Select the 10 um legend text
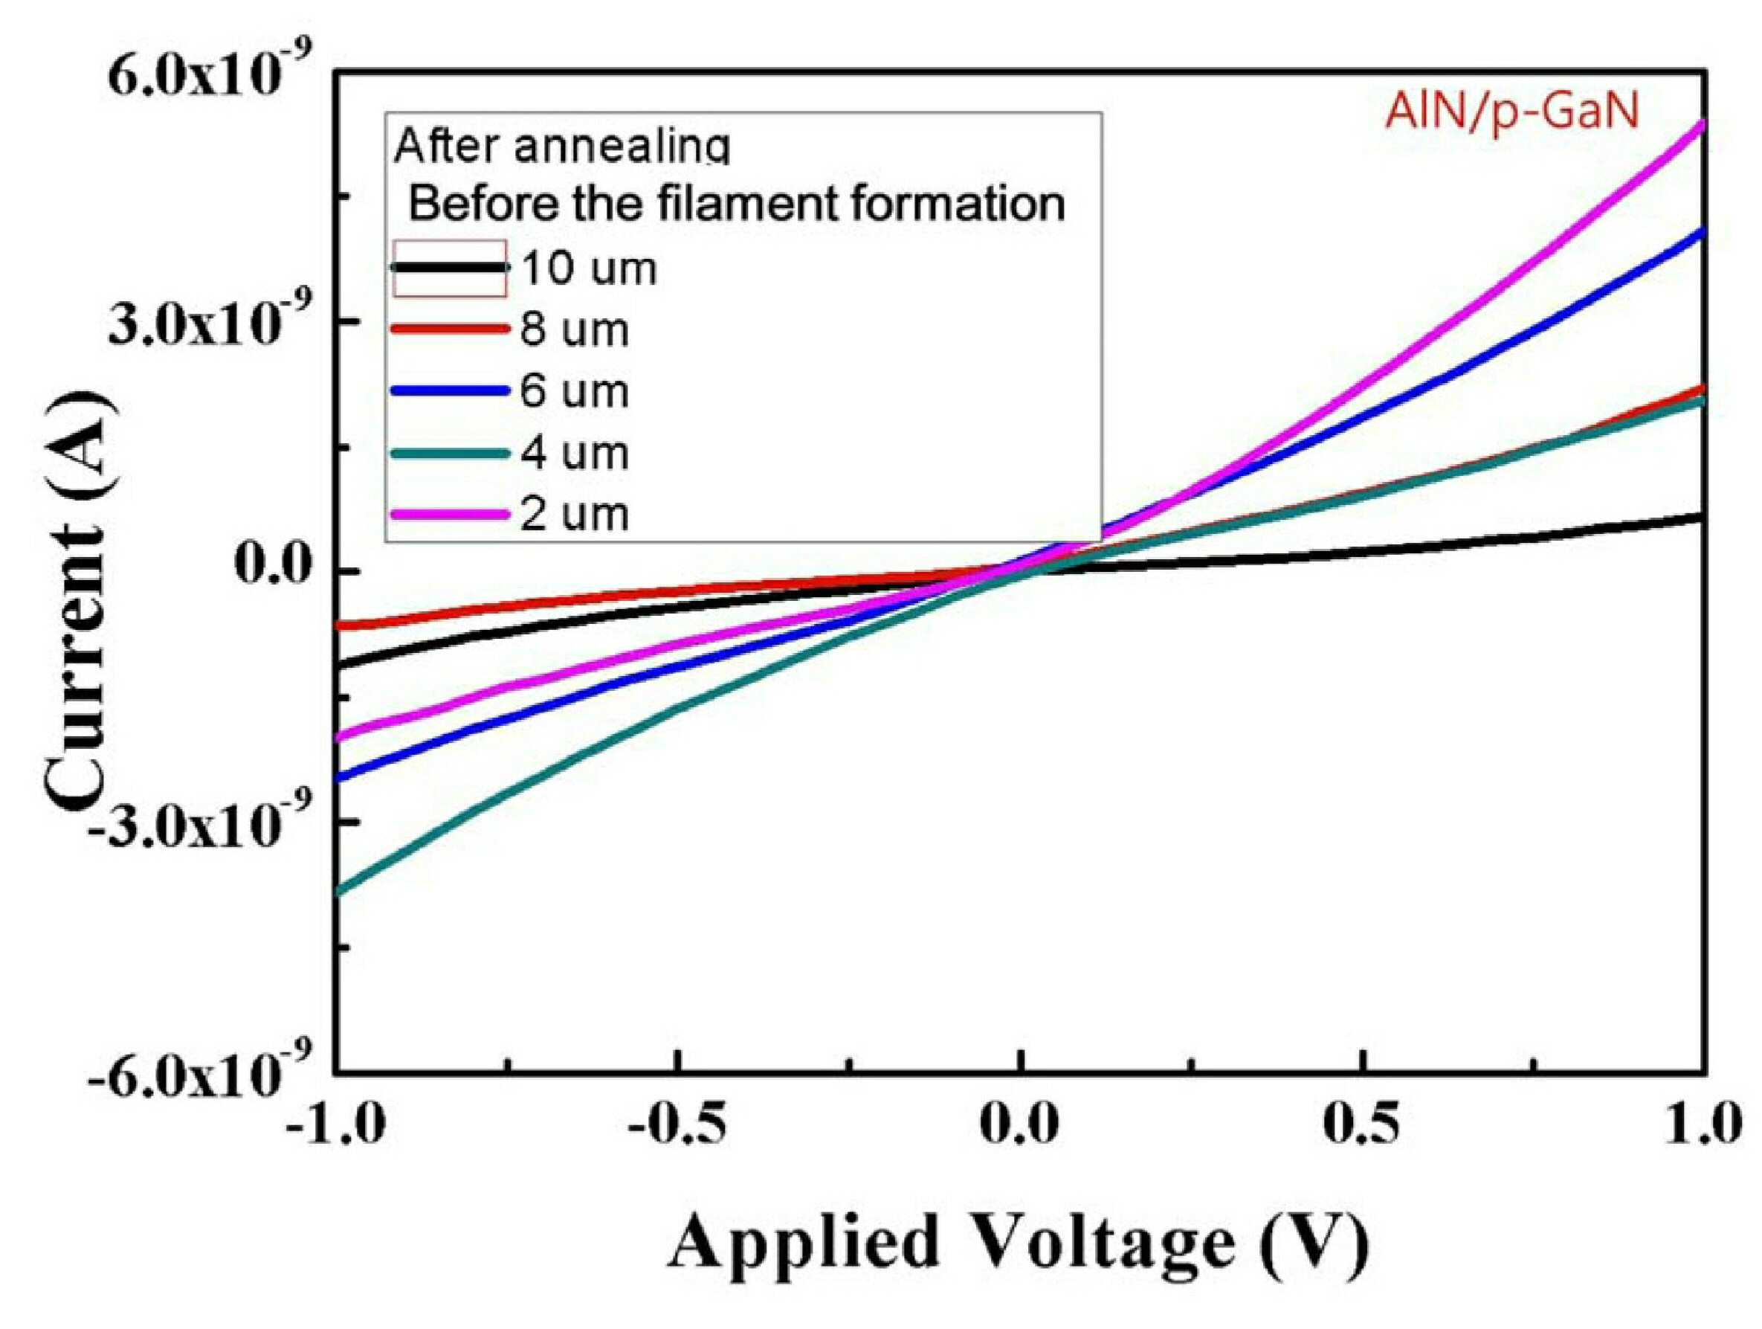click(x=590, y=268)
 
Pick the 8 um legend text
click(x=574, y=330)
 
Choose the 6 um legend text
click(x=574, y=391)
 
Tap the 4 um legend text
click(x=574, y=454)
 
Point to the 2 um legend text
click(x=574, y=515)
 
